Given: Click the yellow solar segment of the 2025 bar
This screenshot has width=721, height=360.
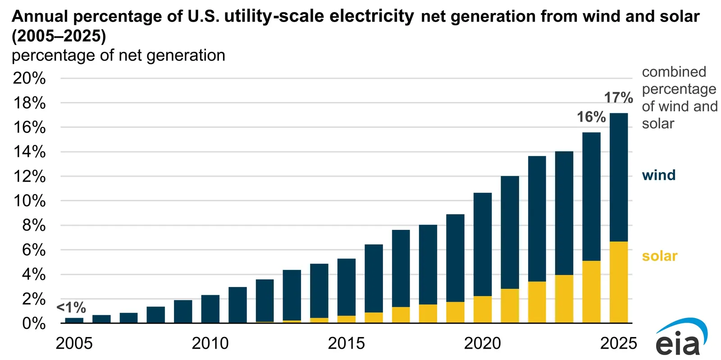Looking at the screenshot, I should [618, 282].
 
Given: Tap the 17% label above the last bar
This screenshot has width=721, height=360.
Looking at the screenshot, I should [618, 97].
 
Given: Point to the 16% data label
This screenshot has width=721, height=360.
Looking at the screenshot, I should [591, 117].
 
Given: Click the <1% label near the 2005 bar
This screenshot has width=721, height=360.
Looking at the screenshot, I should [71, 308].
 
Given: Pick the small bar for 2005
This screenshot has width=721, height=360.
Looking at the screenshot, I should [74, 320].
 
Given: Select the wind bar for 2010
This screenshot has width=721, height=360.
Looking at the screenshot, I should [210, 309].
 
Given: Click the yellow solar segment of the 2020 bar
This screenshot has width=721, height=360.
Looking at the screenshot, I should [482, 310].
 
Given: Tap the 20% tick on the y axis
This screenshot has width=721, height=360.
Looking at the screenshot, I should [29, 78].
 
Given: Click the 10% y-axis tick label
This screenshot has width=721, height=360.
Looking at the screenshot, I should [29, 201].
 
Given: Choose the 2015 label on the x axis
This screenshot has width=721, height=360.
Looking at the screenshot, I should [346, 343].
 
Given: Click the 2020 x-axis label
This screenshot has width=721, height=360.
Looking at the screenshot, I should [482, 343].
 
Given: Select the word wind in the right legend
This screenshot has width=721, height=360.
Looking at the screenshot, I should [658, 175].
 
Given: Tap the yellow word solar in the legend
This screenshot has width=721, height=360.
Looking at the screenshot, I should [659, 256].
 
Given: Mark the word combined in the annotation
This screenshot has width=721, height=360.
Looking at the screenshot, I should [674, 72].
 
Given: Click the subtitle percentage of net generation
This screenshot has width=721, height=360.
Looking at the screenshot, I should [118, 55].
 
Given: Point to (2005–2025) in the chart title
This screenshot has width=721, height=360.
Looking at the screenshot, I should [59, 36].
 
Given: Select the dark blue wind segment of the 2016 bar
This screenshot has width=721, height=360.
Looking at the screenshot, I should [374, 278].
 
